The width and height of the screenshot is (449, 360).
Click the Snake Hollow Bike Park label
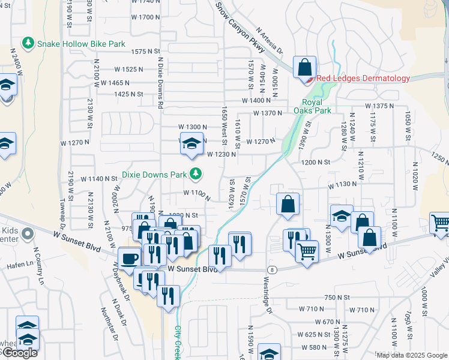81,44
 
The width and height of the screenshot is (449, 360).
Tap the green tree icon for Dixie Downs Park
195,174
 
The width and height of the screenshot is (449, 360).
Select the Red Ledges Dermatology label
363,78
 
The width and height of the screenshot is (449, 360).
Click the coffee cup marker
129,258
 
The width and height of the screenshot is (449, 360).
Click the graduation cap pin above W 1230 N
192,145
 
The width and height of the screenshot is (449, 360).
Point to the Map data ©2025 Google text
411,355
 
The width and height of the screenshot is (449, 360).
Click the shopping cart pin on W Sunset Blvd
307,251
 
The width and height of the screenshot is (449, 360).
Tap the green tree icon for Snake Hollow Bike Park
28,43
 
